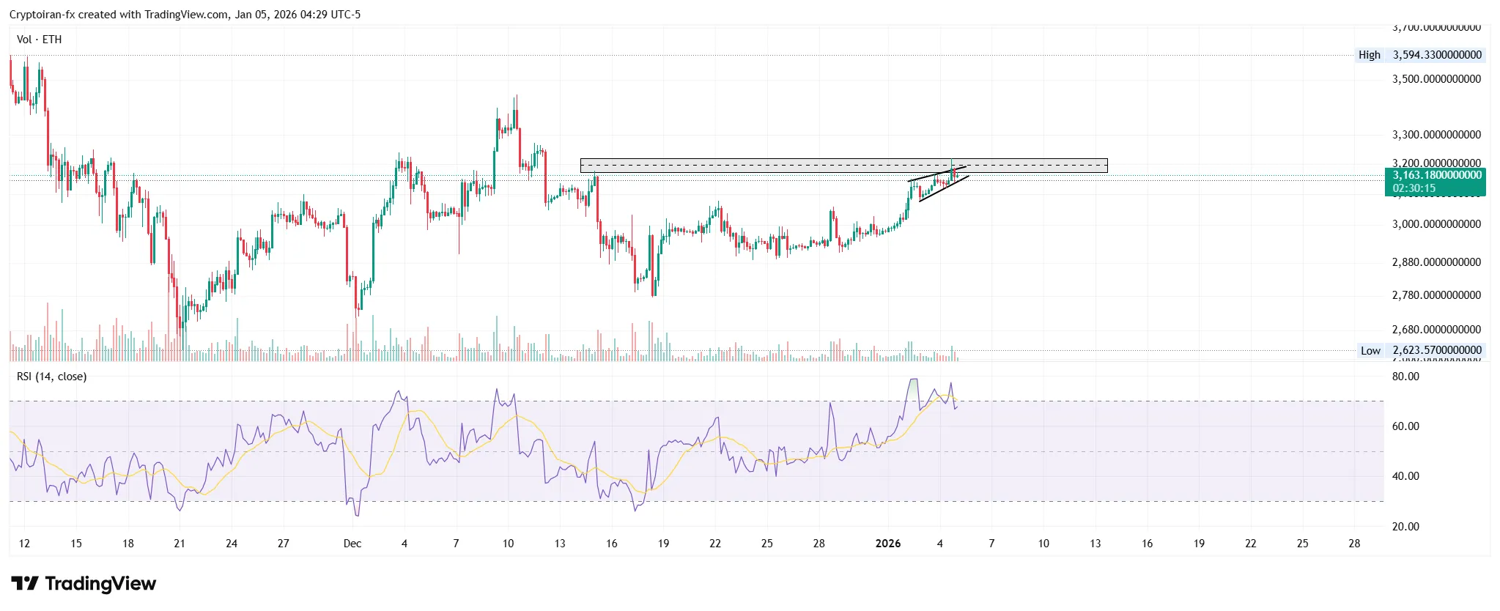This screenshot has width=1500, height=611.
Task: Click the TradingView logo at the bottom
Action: coord(84,584)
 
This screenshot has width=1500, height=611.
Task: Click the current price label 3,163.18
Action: coord(1436,175)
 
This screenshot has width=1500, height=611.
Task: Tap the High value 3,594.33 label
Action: coord(1437,55)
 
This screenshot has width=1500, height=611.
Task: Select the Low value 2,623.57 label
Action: coord(1437,350)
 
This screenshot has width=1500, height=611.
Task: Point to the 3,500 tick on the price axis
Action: coord(1436,79)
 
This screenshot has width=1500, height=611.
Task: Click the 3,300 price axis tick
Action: coord(1436,135)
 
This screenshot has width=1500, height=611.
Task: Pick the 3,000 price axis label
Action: coord(1436,224)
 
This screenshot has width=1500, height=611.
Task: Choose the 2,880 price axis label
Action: coord(1436,262)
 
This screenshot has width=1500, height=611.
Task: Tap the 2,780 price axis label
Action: coord(1436,295)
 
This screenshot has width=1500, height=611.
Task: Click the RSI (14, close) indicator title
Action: coord(51,377)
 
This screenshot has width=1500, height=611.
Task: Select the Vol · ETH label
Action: coord(39,40)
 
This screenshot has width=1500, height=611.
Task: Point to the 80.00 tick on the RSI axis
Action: coord(1405,377)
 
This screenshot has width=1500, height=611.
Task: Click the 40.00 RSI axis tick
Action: coord(1405,476)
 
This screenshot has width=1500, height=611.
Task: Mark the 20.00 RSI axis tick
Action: coord(1405,527)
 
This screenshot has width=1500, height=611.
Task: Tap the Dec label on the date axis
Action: coord(352,544)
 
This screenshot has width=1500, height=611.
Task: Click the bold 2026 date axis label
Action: coord(888,544)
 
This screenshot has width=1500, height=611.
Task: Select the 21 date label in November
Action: coord(180,544)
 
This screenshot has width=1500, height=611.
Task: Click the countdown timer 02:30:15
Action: coord(1414,188)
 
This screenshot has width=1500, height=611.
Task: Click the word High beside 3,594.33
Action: coord(1369,55)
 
